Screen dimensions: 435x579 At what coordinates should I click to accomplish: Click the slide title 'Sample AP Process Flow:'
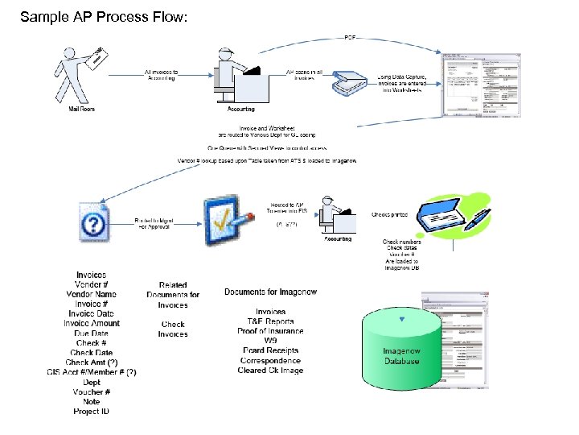click(x=103, y=16)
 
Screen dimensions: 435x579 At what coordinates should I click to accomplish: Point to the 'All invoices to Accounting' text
click(x=161, y=75)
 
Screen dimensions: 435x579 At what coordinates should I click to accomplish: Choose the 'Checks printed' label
click(x=389, y=215)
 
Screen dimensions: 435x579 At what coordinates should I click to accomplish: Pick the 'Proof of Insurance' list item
click(x=270, y=331)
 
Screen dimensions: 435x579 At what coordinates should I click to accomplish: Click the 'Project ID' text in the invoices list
click(x=91, y=411)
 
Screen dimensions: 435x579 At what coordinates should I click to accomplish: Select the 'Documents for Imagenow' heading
click(x=270, y=291)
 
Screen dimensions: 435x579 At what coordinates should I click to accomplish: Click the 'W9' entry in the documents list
click(x=270, y=341)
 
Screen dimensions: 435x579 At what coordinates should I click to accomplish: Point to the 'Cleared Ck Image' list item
click(x=270, y=371)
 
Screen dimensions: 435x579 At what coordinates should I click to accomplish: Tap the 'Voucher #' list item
click(x=91, y=391)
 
